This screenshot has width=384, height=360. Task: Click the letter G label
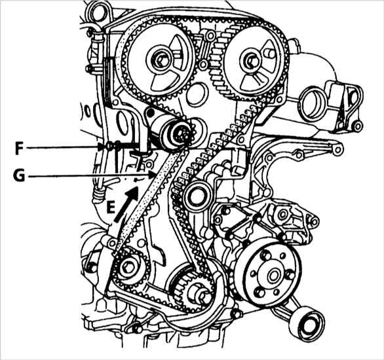pos(20,175)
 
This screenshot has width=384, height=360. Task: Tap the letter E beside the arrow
pos(111,208)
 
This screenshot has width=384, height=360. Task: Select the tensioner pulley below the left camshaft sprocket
pos(174,134)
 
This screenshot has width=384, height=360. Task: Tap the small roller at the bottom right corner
pos(307,323)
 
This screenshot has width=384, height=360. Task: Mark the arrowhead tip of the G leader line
pos(155,175)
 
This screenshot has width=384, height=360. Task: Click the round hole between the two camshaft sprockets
pos(197,94)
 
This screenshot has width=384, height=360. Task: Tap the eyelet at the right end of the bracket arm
pos(338,150)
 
